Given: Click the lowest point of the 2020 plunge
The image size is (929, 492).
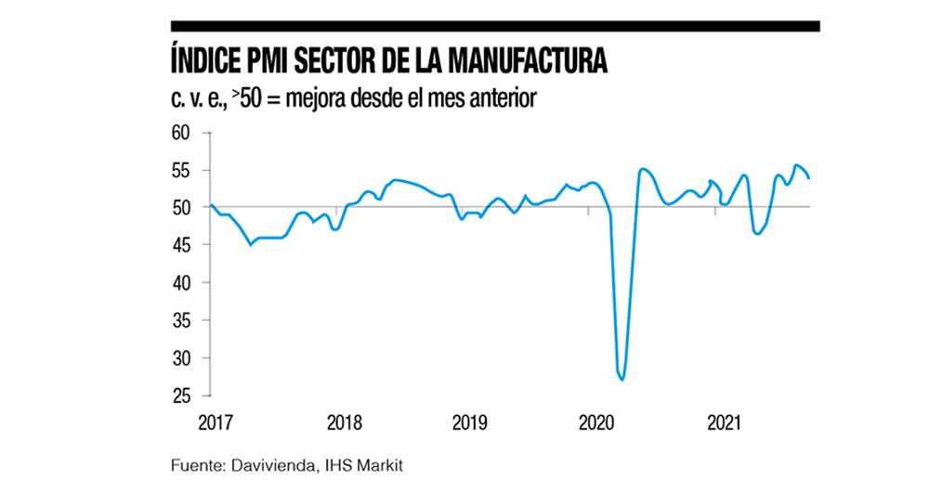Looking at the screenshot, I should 622,379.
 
